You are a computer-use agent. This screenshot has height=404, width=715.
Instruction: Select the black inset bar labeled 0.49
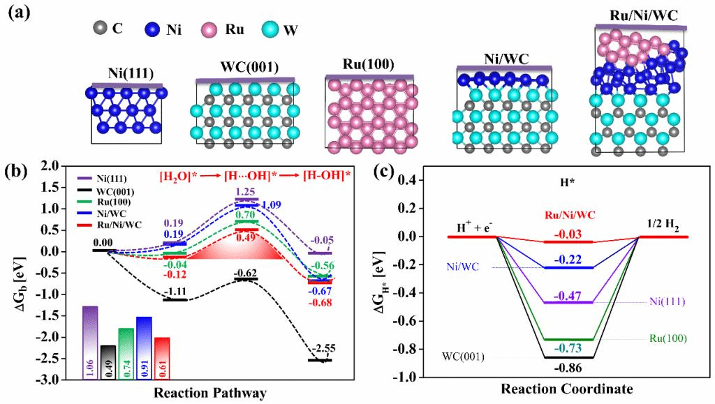[x=108, y=362]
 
